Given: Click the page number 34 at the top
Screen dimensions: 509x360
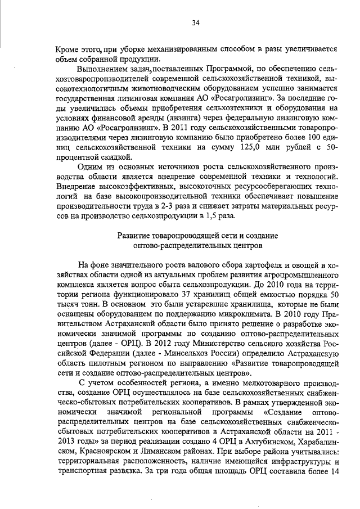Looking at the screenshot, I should pyautogui.click(x=195, y=22).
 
